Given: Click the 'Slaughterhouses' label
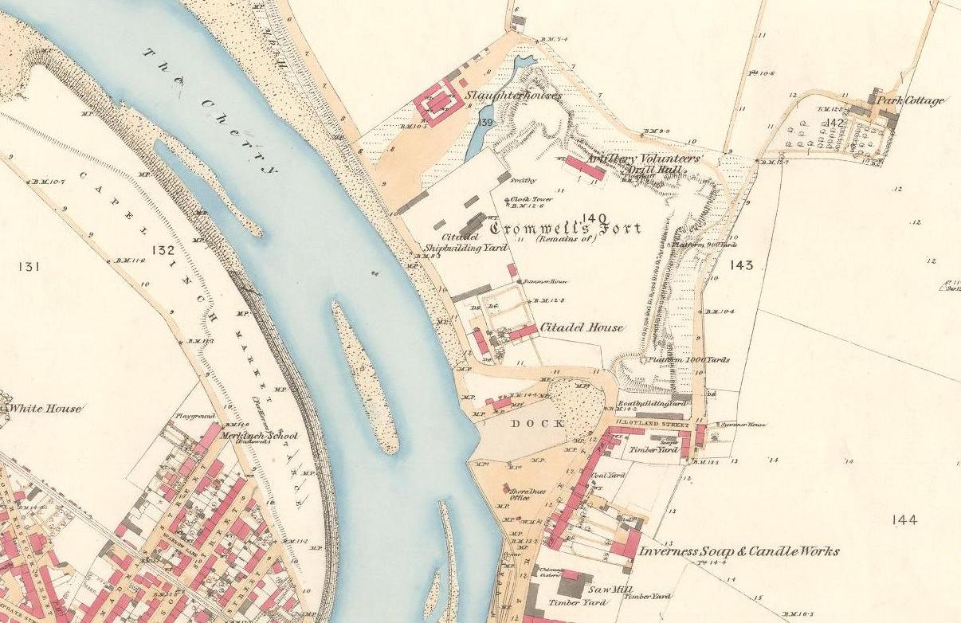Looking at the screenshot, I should (520, 96).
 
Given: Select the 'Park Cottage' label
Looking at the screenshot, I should (911, 101).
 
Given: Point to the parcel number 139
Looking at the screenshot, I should (485, 122).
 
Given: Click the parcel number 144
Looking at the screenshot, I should (904, 520).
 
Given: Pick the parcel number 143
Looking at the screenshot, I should (740, 264).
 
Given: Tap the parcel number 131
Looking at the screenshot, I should (27, 267).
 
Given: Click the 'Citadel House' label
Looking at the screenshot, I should (582, 327).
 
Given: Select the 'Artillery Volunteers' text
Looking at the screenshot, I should (643, 159).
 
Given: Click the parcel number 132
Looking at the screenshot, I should (163, 251).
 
